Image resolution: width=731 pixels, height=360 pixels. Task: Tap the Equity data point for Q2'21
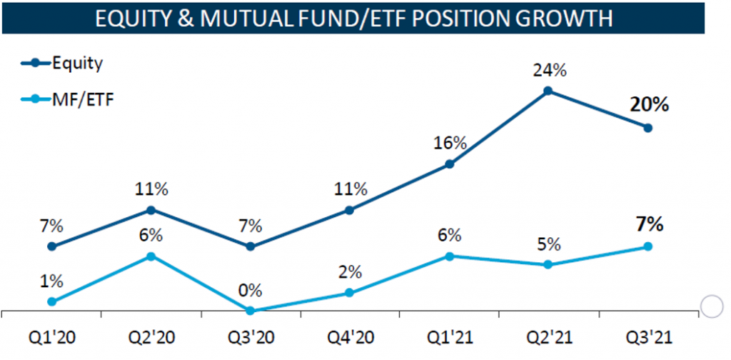click(x=548, y=91)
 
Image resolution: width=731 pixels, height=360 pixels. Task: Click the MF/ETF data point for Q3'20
click(x=250, y=311)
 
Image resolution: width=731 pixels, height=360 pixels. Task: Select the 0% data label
click(x=250, y=291)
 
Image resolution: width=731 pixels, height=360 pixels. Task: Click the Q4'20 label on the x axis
click(x=349, y=336)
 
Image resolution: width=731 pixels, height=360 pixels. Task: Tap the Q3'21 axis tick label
click(x=647, y=336)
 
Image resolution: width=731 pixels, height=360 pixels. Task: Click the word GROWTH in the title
click(x=560, y=19)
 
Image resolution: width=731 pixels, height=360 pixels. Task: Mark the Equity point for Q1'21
click(x=449, y=164)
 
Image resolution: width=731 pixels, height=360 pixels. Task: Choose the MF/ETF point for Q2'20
click(x=151, y=256)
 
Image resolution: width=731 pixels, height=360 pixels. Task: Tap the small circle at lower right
click(x=712, y=306)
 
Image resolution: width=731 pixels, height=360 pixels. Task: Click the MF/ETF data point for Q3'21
click(x=648, y=246)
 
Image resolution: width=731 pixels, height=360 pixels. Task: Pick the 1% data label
click(x=51, y=281)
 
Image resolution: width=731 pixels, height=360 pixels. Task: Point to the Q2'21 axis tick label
click(x=548, y=336)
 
